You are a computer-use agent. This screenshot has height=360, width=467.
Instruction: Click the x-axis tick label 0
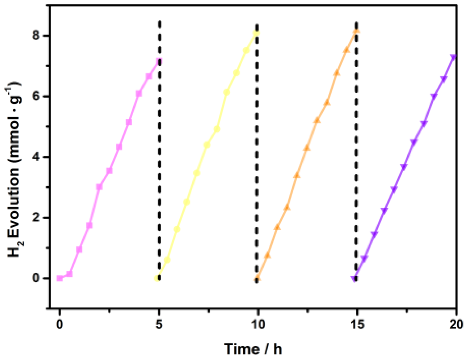coord(59,324)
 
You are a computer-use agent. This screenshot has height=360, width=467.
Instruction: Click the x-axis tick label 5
coord(159,324)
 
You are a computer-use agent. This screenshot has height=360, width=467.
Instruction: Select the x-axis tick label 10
coord(258,324)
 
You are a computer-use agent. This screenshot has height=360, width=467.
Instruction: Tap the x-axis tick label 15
coord(357,324)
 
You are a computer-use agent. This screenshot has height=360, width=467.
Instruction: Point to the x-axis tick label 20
coord(456,324)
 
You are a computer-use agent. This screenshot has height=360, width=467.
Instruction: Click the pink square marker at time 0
coord(59,278)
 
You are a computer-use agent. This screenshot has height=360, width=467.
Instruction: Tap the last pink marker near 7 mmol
coord(158,62)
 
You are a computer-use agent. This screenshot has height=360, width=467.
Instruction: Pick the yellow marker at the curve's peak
coord(256,33)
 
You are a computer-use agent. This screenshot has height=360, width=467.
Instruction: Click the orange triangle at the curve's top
coord(357,31)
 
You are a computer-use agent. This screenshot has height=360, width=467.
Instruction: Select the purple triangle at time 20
coord(453,57)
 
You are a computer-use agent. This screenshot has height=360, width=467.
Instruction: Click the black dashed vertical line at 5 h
coord(159,151)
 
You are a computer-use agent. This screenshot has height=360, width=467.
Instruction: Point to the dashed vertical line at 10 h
coord(257,151)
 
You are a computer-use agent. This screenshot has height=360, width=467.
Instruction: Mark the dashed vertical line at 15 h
coord(356,151)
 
